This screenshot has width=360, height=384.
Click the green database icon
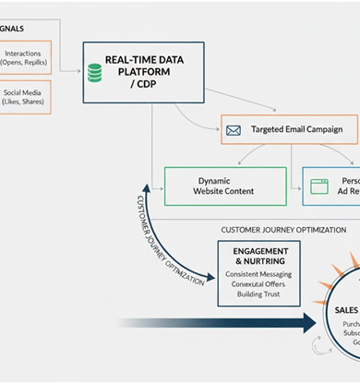(94, 72)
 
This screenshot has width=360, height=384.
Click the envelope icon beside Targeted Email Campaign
(234, 130)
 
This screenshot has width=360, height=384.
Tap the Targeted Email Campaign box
(288, 130)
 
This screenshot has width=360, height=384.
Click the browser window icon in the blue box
(318, 185)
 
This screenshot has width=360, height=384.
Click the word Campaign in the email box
(328, 130)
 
